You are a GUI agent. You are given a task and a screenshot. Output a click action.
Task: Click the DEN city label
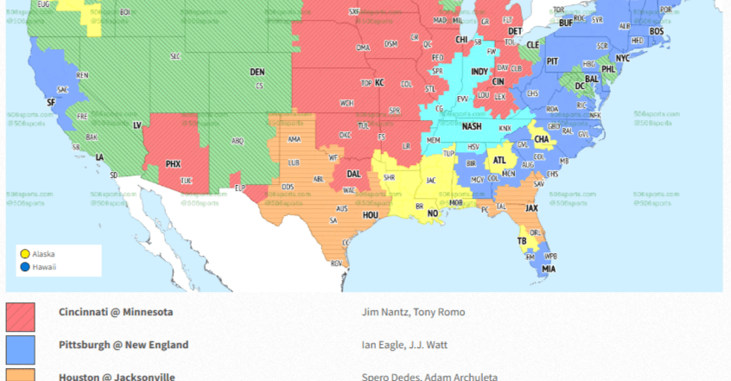pos(257,72)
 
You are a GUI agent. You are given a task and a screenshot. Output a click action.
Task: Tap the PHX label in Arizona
pos(174,163)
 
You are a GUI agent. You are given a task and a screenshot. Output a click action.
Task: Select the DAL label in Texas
pos(353,173)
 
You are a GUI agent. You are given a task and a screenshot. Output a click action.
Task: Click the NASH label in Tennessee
pos(471,126)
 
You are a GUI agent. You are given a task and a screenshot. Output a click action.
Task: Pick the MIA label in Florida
pos(549,269)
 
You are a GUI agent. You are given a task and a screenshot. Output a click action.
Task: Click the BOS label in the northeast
pos(657,31)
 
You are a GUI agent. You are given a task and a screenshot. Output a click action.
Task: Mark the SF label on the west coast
pos(50,102)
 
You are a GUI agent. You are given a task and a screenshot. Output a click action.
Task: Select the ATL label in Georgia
pos(499,160)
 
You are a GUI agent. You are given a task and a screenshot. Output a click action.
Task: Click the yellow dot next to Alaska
pos(25,254)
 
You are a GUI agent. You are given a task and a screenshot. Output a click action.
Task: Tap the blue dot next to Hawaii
pos(25,267)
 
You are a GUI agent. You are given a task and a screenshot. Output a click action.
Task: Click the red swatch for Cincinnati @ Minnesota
pos(21,316)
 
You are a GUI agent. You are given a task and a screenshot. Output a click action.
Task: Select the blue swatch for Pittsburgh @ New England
pos(21,349)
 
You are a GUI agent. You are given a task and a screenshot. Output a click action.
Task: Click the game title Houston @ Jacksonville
pos(117,376)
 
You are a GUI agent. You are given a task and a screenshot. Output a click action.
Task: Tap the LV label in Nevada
pos(137,125)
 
